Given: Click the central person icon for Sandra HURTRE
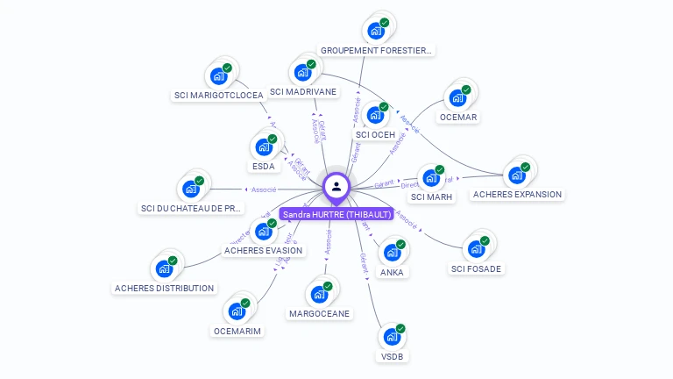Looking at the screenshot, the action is click(336, 186).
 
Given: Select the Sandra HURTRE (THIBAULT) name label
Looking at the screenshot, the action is click(336, 214).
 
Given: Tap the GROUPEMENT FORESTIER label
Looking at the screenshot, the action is click(376, 51).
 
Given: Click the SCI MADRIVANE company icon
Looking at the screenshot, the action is click(303, 72).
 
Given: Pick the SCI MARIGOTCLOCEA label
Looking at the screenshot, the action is click(219, 96).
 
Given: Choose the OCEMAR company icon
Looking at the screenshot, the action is click(457, 97).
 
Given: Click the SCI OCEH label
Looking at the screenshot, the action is click(376, 134).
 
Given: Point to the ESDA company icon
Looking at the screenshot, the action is click(263, 147).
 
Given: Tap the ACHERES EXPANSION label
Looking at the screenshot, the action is click(517, 194).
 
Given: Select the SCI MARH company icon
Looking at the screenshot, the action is click(430, 178).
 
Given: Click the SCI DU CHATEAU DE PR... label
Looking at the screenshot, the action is click(191, 209).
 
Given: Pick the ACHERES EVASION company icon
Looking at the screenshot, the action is click(263, 232).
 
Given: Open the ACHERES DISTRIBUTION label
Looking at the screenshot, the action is click(164, 288).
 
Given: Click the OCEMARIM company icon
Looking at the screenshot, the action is click(237, 311).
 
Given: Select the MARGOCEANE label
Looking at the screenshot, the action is click(319, 313).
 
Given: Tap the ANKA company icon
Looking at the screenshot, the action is click(392, 253).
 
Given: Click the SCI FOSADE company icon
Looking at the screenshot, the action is click(477, 249).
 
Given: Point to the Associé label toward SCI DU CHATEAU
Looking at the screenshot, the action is click(264, 189).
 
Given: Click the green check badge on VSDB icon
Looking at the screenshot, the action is click(400, 328).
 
